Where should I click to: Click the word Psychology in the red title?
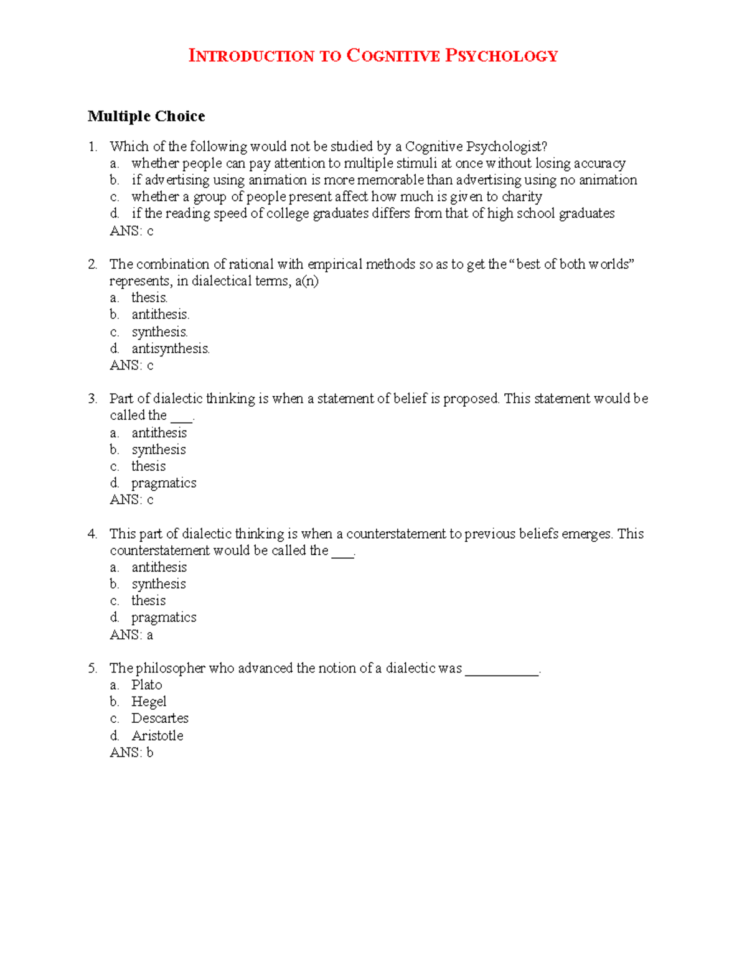coord(501,56)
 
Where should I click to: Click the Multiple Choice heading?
coord(146,116)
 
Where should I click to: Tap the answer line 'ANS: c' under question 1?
coord(131,231)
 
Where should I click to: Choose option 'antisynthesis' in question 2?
coord(170,348)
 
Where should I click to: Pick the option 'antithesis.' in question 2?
coord(160,315)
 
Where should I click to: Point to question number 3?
coord(92,399)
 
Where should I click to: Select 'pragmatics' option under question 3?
coord(164,483)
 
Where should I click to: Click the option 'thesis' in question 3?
coord(148,467)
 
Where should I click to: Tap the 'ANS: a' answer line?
coord(131,634)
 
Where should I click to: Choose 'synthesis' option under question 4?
coord(158,584)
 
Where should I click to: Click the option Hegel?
coord(149,702)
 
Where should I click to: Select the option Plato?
coord(146,685)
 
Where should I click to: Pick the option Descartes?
coord(159,718)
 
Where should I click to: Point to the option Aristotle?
coord(157,736)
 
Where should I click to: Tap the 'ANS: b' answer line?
coord(131,753)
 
